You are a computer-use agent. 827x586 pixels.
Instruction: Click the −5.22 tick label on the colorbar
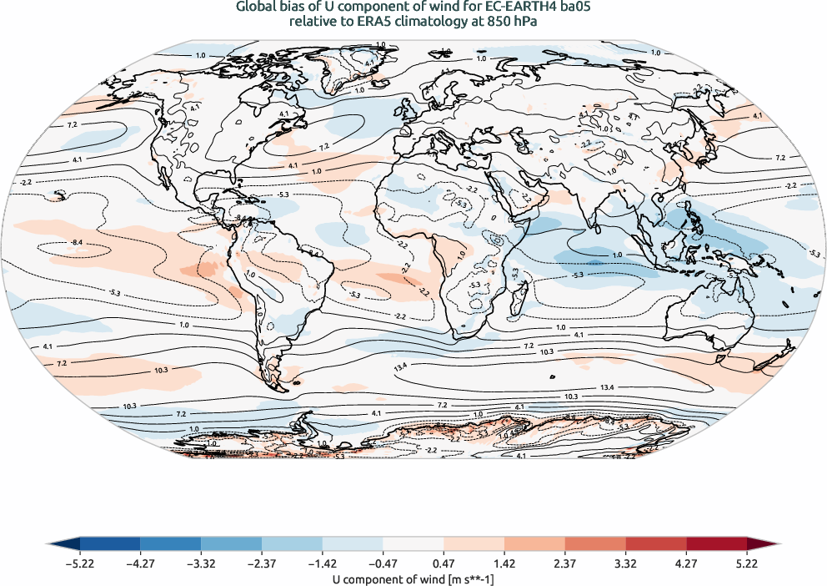[x=79, y=563]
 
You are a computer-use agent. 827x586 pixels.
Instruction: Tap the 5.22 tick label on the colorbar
[x=746, y=563]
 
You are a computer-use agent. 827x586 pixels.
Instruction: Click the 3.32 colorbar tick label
[x=625, y=563]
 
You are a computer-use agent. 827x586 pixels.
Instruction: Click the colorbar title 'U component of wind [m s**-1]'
[x=413, y=578]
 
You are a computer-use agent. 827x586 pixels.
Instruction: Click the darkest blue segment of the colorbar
[x=109, y=544]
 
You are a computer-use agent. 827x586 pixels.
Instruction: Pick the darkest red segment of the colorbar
[x=716, y=544]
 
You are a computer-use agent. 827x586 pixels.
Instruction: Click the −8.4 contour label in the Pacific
[x=77, y=242]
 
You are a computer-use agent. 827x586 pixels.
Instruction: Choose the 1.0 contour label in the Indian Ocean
[x=618, y=255]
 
